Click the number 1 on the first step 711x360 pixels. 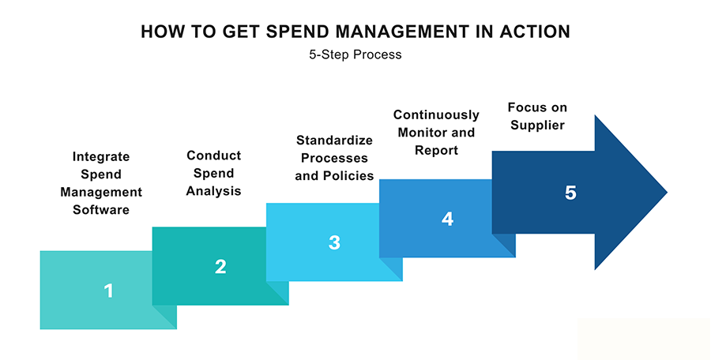tap(108, 291)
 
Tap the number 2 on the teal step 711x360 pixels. tap(220, 267)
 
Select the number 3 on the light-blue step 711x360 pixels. tap(334, 242)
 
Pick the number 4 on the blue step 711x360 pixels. tap(447, 219)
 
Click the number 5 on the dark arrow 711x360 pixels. tap(570, 193)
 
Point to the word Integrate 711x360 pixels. tap(101, 157)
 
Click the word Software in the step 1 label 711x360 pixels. tap(101, 210)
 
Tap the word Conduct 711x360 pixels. tap(213, 156)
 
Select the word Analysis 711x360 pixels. tap(213, 191)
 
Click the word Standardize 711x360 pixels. tap(334, 140)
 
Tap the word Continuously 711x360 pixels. tap(436, 115)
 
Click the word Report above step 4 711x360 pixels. tap(436, 151)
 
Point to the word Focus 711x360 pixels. tap(523, 107)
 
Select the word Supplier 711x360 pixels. tap(537, 126)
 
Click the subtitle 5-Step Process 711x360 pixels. tap(355, 54)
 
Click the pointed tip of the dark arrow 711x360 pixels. tap(667, 193)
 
